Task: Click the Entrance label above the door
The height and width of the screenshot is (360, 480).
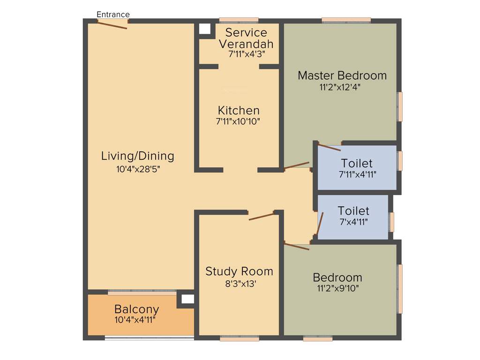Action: (x=113, y=15)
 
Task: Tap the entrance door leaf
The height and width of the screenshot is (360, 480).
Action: (x=112, y=25)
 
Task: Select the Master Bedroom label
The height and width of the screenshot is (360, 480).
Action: (x=342, y=75)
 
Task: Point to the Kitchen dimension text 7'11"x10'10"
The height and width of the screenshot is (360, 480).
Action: (x=238, y=121)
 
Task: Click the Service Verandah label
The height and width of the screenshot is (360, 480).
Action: (x=246, y=38)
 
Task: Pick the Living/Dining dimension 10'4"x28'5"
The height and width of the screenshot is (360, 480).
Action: (x=138, y=169)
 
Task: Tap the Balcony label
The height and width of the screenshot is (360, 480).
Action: (x=136, y=309)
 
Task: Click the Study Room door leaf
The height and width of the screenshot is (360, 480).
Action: (x=261, y=217)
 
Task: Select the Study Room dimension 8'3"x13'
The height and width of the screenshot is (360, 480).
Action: (x=240, y=284)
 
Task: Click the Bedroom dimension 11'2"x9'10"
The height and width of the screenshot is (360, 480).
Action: (x=338, y=288)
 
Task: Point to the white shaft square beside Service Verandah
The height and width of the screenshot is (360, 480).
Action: (x=205, y=29)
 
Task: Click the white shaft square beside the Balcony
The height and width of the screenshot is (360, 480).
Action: (x=187, y=299)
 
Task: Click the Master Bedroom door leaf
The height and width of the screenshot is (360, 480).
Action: (x=297, y=165)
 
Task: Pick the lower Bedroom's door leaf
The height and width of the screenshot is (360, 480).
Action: (x=297, y=247)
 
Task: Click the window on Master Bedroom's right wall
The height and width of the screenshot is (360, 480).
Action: (x=400, y=107)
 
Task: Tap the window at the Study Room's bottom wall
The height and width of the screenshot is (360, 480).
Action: (x=240, y=338)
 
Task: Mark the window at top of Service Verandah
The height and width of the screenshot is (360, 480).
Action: (x=239, y=21)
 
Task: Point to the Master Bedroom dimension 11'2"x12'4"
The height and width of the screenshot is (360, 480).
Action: (x=340, y=87)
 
